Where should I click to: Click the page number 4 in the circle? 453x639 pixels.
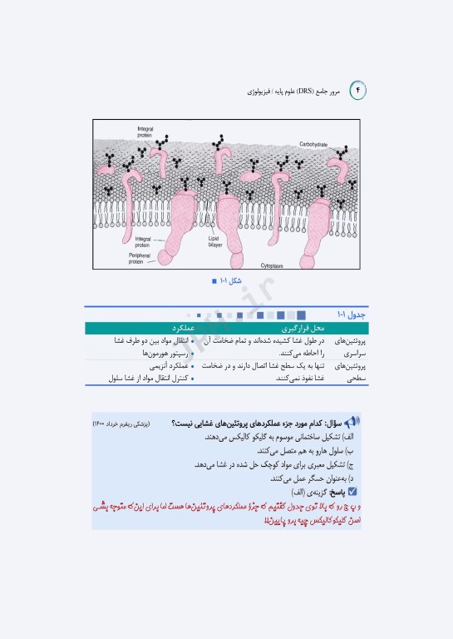coord(358,88)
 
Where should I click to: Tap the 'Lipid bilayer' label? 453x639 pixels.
coord(217,241)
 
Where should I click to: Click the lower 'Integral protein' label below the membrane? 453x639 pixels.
coord(144,241)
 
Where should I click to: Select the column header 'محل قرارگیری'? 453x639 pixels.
coord(298,329)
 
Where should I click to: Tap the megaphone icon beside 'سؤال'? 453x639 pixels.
coord(352,423)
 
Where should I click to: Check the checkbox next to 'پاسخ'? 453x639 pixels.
coord(352,492)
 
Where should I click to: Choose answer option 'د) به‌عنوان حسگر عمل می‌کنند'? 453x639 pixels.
coord(318,478)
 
